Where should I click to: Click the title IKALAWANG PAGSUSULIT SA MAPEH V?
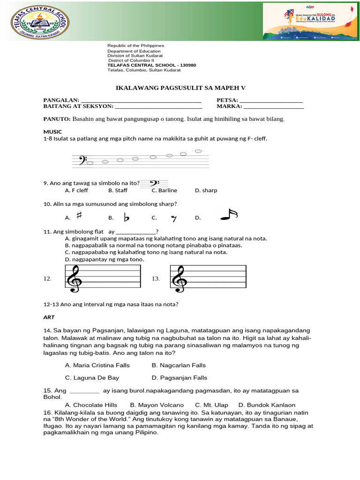click(180, 88)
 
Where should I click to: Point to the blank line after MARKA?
click(274, 106)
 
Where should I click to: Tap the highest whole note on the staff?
click(198, 151)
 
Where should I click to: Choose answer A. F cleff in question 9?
click(76, 190)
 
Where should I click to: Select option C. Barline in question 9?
click(164, 190)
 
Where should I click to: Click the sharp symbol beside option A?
click(79, 216)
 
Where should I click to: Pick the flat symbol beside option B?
click(126, 217)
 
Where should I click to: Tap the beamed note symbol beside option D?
click(229, 215)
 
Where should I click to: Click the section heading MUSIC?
click(52, 132)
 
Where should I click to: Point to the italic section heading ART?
click(49, 317)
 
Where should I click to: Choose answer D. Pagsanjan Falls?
click(179, 377)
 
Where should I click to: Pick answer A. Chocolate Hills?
click(91, 405)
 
